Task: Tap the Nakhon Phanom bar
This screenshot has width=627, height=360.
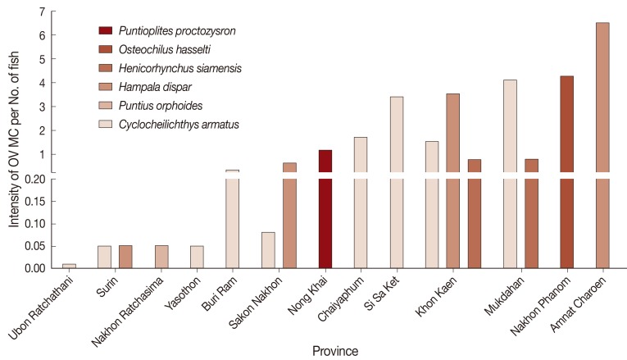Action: [x=566, y=164]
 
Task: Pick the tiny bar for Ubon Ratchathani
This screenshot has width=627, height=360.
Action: [x=70, y=266]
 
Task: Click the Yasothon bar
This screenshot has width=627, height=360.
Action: [x=197, y=257]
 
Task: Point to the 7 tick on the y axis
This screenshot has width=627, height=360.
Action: [x=40, y=12]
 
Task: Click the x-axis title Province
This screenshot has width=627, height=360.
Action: [x=334, y=350]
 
